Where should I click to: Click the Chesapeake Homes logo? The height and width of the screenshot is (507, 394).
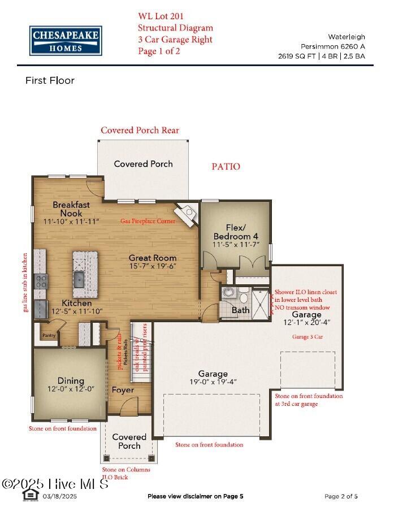pyautogui.click(x=66, y=40)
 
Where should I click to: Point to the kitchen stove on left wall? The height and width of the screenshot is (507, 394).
pyautogui.click(x=41, y=281)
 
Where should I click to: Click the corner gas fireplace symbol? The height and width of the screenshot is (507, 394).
pyautogui.click(x=187, y=213)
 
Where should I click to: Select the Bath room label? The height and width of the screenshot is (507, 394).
pyautogui.click(x=241, y=310)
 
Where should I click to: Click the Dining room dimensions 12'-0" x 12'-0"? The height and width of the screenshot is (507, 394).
pyautogui.click(x=71, y=389)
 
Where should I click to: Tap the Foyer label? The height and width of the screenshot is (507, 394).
pyautogui.click(x=123, y=390)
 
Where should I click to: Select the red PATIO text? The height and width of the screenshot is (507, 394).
pyautogui.click(x=226, y=167)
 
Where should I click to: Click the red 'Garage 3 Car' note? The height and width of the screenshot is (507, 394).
pyautogui.click(x=307, y=336)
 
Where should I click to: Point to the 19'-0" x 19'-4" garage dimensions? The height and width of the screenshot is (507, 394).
pyautogui.click(x=213, y=382)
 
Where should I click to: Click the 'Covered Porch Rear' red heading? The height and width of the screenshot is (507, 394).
pyautogui.click(x=140, y=131)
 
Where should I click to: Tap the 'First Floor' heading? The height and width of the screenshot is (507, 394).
pyautogui.click(x=50, y=81)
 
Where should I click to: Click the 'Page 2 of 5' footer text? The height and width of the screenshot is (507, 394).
pyautogui.click(x=341, y=496)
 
